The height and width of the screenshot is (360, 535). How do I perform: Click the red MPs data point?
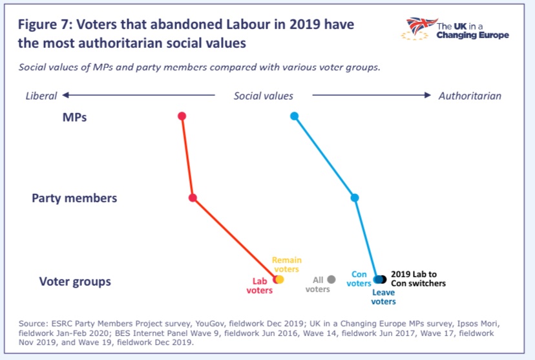pyautogui.click(x=182, y=116)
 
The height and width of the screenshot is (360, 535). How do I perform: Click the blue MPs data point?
pyautogui.click(x=294, y=116)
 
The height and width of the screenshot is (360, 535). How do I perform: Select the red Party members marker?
pyautogui.click(x=193, y=197)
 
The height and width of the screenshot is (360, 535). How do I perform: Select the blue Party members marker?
pyautogui.click(x=354, y=197)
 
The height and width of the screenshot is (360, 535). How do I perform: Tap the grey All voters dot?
pyautogui.click(x=331, y=279)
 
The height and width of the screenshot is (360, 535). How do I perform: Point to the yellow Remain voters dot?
pyautogui.click(x=280, y=279)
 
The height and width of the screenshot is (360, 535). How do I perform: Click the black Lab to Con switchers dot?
pyautogui.click(x=383, y=279)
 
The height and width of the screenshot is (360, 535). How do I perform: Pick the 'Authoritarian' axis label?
pyautogui.click(x=469, y=96)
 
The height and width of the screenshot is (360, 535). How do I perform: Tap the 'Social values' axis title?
pyautogui.click(x=263, y=96)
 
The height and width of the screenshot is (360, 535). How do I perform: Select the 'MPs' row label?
pyautogui.click(x=74, y=118)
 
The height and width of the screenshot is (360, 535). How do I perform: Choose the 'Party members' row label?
pyautogui.click(x=74, y=198)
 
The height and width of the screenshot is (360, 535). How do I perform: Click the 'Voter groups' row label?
pyautogui.click(x=75, y=282)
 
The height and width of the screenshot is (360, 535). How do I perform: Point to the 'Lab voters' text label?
pyautogui.click(x=259, y=286)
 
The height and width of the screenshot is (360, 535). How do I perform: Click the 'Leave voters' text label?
pyautogui.click(x=383, y=297)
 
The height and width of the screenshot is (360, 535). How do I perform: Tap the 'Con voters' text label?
pyautogui.click(x=359, y=279)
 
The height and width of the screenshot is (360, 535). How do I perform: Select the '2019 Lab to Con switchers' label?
pyautogui.click(x=418, y=279)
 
